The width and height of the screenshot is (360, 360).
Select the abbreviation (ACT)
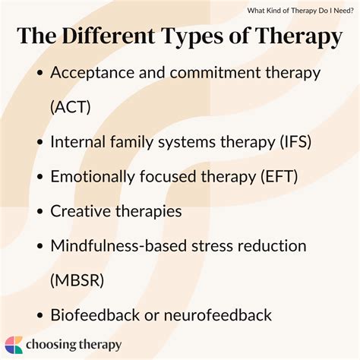pyautogui.click(x=71, y=106)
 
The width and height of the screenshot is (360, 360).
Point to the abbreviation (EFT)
pyautogui.click(x=276, y=175)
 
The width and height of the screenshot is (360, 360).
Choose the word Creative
pyautogui.click(x=81, y=210)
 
